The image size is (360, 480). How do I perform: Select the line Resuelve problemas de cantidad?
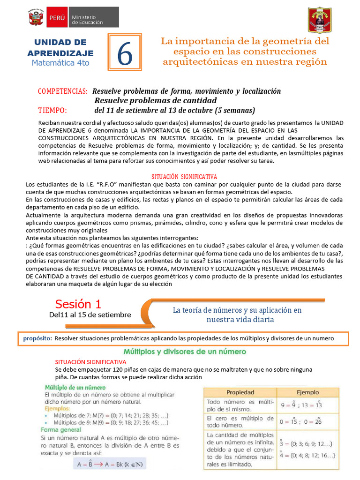pos(156,100)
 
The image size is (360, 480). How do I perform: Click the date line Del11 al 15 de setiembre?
pos(90,315)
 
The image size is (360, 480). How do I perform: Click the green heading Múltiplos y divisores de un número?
pos(184,351)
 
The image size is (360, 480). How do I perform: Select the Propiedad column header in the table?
pos(240,392)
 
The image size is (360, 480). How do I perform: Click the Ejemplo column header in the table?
pos(307,392)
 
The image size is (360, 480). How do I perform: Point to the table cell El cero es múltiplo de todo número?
pos(240,421)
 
